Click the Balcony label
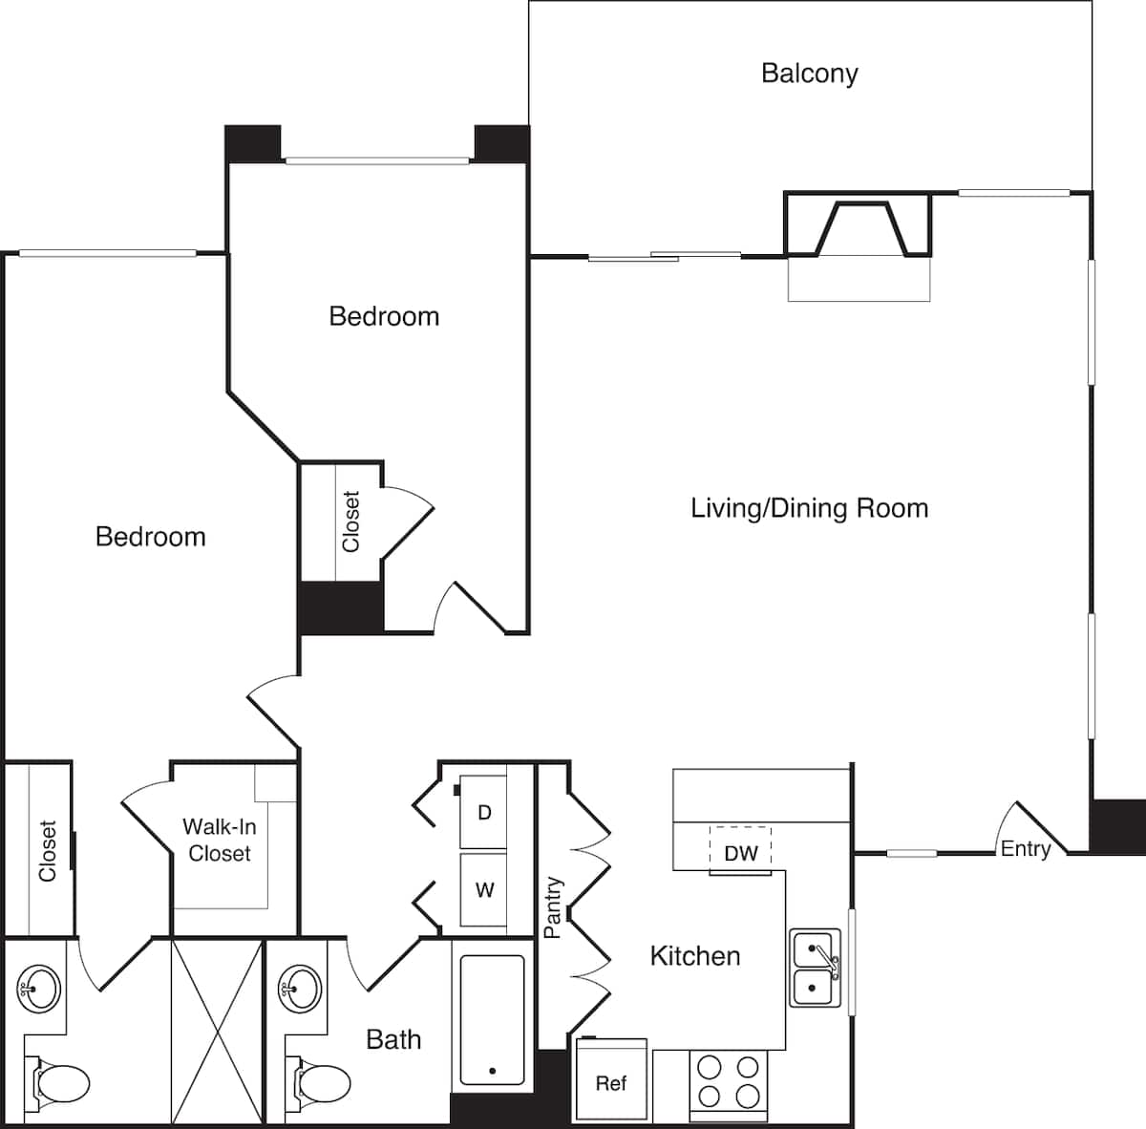point(809,74)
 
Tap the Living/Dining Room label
point(809,507)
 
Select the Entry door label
point(1025,848)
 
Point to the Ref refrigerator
point(611,1080)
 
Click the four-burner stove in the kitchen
point(728,1081)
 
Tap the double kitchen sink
point(815,968)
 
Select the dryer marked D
point(484,813)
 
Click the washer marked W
point(484,890)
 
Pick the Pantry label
point(552,907)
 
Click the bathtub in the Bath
point(492,1020)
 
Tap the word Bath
point(393,1039)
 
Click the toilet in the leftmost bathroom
point(60,1082)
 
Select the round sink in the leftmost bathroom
point(39,989)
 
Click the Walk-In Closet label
point(220,841)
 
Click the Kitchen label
point(694,956)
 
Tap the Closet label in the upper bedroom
point(351,522)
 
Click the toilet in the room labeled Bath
point(323,1082)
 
